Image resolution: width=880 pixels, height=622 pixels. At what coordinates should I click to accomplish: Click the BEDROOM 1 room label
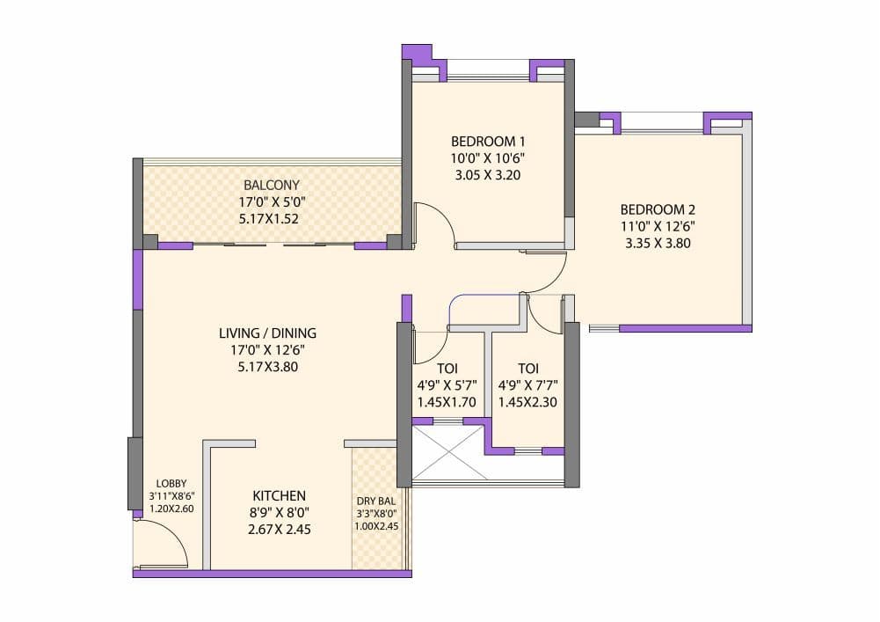pos(488,141)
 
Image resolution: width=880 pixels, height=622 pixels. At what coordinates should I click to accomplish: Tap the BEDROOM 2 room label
pos(658,209)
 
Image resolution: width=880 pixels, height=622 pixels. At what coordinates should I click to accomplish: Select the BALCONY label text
pos(272,185)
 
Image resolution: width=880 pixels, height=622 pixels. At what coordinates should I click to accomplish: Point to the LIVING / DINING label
pos(267,333)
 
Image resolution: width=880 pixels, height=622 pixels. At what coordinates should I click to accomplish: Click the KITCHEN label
pos(279,495)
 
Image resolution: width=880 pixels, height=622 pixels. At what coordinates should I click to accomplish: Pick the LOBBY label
pos(171,484)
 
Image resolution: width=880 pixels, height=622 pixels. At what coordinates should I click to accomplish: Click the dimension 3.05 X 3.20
pos(488,175)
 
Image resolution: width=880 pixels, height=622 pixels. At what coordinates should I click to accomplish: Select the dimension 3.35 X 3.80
pos(658,244)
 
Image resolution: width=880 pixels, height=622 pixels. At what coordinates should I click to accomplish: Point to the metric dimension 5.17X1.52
pos(272,219)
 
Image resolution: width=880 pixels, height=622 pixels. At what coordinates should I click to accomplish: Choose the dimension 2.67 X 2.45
pos(279,530)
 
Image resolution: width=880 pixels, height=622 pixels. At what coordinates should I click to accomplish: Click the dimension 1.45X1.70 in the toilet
pos(447,402)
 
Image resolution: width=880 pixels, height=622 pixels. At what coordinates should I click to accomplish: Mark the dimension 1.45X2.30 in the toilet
pos(527,402)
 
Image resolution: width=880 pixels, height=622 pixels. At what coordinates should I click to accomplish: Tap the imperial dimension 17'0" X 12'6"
pos(267,351)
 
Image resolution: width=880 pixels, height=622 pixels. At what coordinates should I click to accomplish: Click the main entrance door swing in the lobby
pos(163,541)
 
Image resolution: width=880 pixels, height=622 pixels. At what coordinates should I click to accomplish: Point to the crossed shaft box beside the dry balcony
pos(447,453)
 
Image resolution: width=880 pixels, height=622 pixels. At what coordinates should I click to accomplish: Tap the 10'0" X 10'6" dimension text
pos(488,158)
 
